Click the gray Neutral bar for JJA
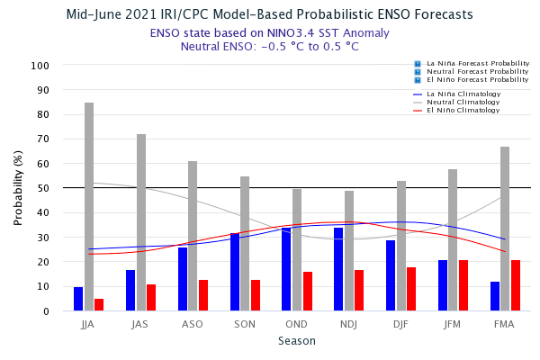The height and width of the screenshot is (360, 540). (89, 207)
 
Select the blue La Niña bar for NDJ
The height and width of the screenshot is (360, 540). (338, 269)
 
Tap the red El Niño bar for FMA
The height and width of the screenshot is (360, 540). (516, 285)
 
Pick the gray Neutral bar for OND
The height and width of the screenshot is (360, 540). (297, 250)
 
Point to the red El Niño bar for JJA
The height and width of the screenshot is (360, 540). (99, 305)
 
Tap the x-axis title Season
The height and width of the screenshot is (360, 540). (296, 341)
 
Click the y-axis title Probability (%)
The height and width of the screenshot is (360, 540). (18, 188)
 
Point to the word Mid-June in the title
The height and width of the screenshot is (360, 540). (97, 15)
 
